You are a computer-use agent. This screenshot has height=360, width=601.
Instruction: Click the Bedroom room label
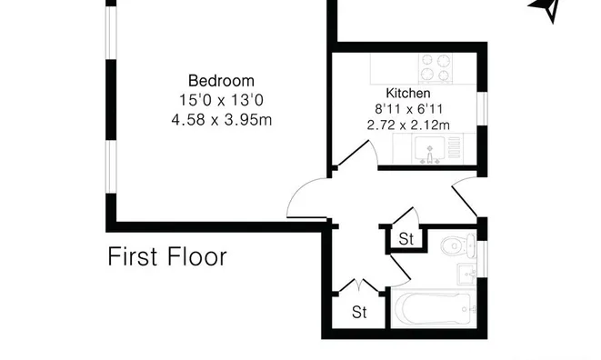pyautogui.click(x=221, y=81)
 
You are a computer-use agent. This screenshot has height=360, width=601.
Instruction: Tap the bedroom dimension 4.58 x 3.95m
pyautogui.click(x=222, y=120)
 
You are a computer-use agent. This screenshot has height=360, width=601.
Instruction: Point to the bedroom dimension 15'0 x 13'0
pyautogui.click(x=222, y=100)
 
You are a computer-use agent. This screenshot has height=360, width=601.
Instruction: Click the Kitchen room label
pyautogui.click(x=408, y=93)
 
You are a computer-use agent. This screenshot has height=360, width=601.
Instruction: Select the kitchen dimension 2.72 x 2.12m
pyautogui.click(x=408, y=125)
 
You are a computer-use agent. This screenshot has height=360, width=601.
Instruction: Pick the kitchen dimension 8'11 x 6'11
pyautogui.click(x=408, y=109)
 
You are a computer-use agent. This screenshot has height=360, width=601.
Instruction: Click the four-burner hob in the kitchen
pyautogui.click(x=436, y=68)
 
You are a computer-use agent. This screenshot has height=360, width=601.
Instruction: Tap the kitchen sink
pyautogui.click(x=430, y=149)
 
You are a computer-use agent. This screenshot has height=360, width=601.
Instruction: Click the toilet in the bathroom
pyautogui.click(x=458, y=245)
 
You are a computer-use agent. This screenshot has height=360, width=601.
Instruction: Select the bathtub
pyautogui.click(x=433, y=308)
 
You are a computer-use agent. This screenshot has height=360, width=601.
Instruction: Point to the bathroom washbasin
pyautogui.click(x=466, y=274)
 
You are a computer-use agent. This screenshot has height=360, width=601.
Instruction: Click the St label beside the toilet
pyautogui.click(x=406, y=239)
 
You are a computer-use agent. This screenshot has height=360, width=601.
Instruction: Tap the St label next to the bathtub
pyautogui.click(x=359, y=312)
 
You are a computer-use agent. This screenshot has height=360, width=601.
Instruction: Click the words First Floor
pyautogui.click(x=167, y=256)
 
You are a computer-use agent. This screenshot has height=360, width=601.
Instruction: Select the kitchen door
pyautogui.click(x=353, y=154)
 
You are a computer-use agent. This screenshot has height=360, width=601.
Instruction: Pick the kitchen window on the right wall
pyautogui.click(x=483, y=108)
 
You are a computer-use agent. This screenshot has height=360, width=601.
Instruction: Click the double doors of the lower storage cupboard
pyautogui.click(x=358, y=285)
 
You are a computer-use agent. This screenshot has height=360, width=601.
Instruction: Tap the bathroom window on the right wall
pyautogui.click(x=483, y=259)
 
